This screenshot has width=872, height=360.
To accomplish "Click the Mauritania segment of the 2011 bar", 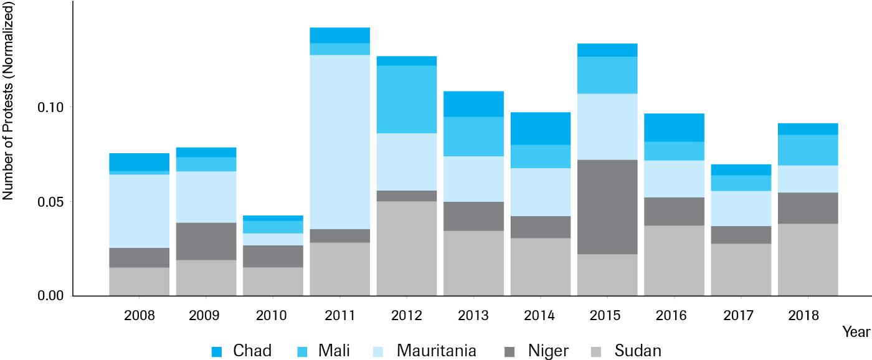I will point(339,142).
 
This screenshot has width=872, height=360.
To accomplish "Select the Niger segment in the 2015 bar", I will point(607,207).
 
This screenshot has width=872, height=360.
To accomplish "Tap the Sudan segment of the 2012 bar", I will point(406,249).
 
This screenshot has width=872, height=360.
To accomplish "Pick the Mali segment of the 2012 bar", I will point(406,100).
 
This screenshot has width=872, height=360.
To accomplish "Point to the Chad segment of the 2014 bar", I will point(540,128).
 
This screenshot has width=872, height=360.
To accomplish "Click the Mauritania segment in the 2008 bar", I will point(139,211).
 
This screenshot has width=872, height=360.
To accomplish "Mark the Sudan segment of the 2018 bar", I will point(808,260).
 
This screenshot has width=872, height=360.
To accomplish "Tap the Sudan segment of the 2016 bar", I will point(674,260).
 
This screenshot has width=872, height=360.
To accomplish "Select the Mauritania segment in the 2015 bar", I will point(607,126).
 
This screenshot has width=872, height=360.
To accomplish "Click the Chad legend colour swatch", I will point(217,351).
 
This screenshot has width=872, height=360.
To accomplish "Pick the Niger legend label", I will point(547,351).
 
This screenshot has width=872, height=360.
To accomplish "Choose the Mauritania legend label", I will point(436,351).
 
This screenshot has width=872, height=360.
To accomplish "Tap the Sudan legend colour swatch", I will point(596,351).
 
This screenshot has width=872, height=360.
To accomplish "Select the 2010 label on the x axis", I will point(272,316).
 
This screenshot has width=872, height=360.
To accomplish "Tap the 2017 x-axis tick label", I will point(741,316).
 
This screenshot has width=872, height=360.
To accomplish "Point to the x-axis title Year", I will point(856,332).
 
